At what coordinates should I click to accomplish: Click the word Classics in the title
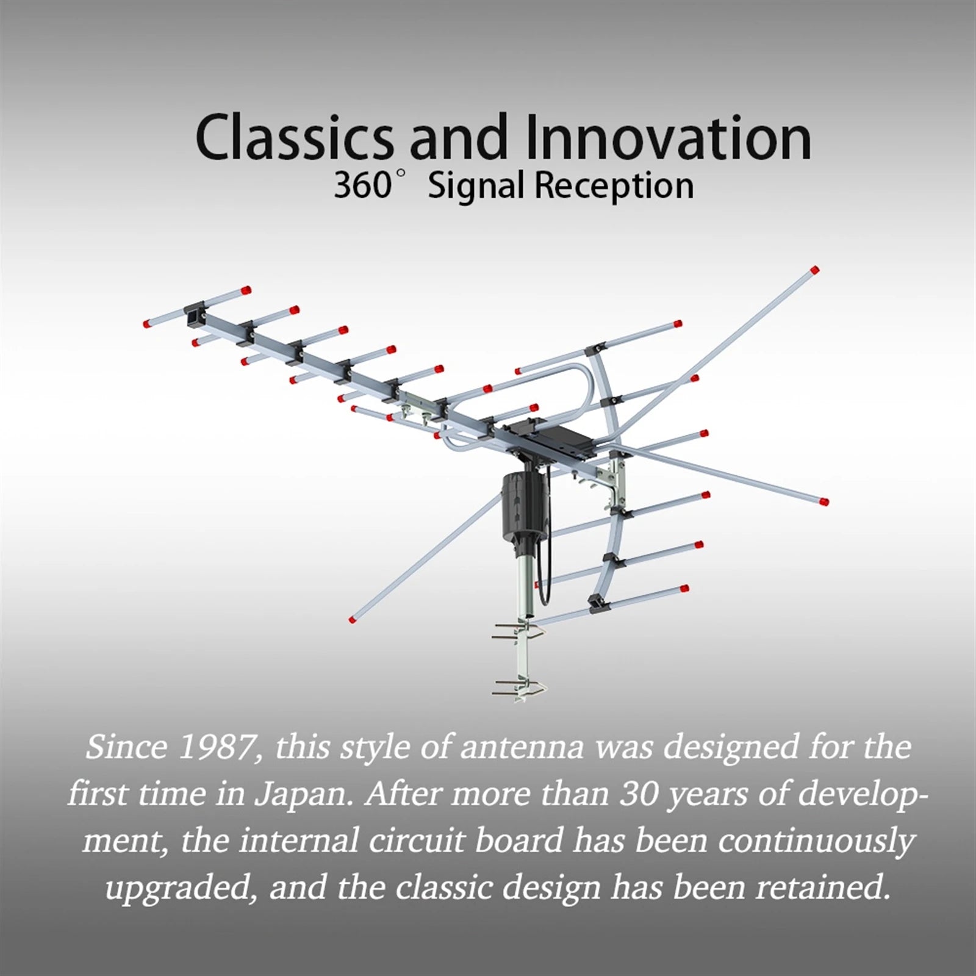click(294, 138)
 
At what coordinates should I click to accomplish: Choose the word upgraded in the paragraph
click(180, 888)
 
